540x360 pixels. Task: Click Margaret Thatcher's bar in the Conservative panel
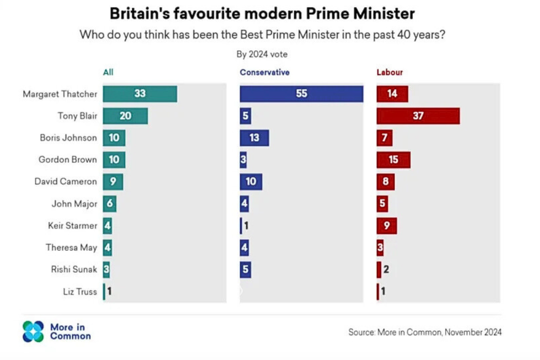point(301,94)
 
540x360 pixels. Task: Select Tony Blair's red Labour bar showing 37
point(418,116)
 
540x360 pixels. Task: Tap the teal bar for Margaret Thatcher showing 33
point(140,94)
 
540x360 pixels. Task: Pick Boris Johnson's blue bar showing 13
point(254,138)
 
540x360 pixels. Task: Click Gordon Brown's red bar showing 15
point(393,160)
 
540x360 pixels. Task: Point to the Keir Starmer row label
point(72,225)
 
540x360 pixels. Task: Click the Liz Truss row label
point(80,292)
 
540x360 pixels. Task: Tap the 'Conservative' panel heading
point(264,72)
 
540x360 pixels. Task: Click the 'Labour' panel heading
point(390,72)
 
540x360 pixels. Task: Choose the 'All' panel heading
point(108,72)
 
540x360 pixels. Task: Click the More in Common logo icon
point(33,331)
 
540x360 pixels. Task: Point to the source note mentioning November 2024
point(425,332)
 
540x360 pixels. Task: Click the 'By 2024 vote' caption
point(262,54)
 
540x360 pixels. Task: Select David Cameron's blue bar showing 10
point(251,181)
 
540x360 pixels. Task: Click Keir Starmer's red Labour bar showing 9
point(386,225)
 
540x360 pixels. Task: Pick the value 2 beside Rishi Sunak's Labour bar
point(386,270)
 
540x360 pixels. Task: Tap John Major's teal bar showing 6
point(109,203)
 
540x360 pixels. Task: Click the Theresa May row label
point(71,248)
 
